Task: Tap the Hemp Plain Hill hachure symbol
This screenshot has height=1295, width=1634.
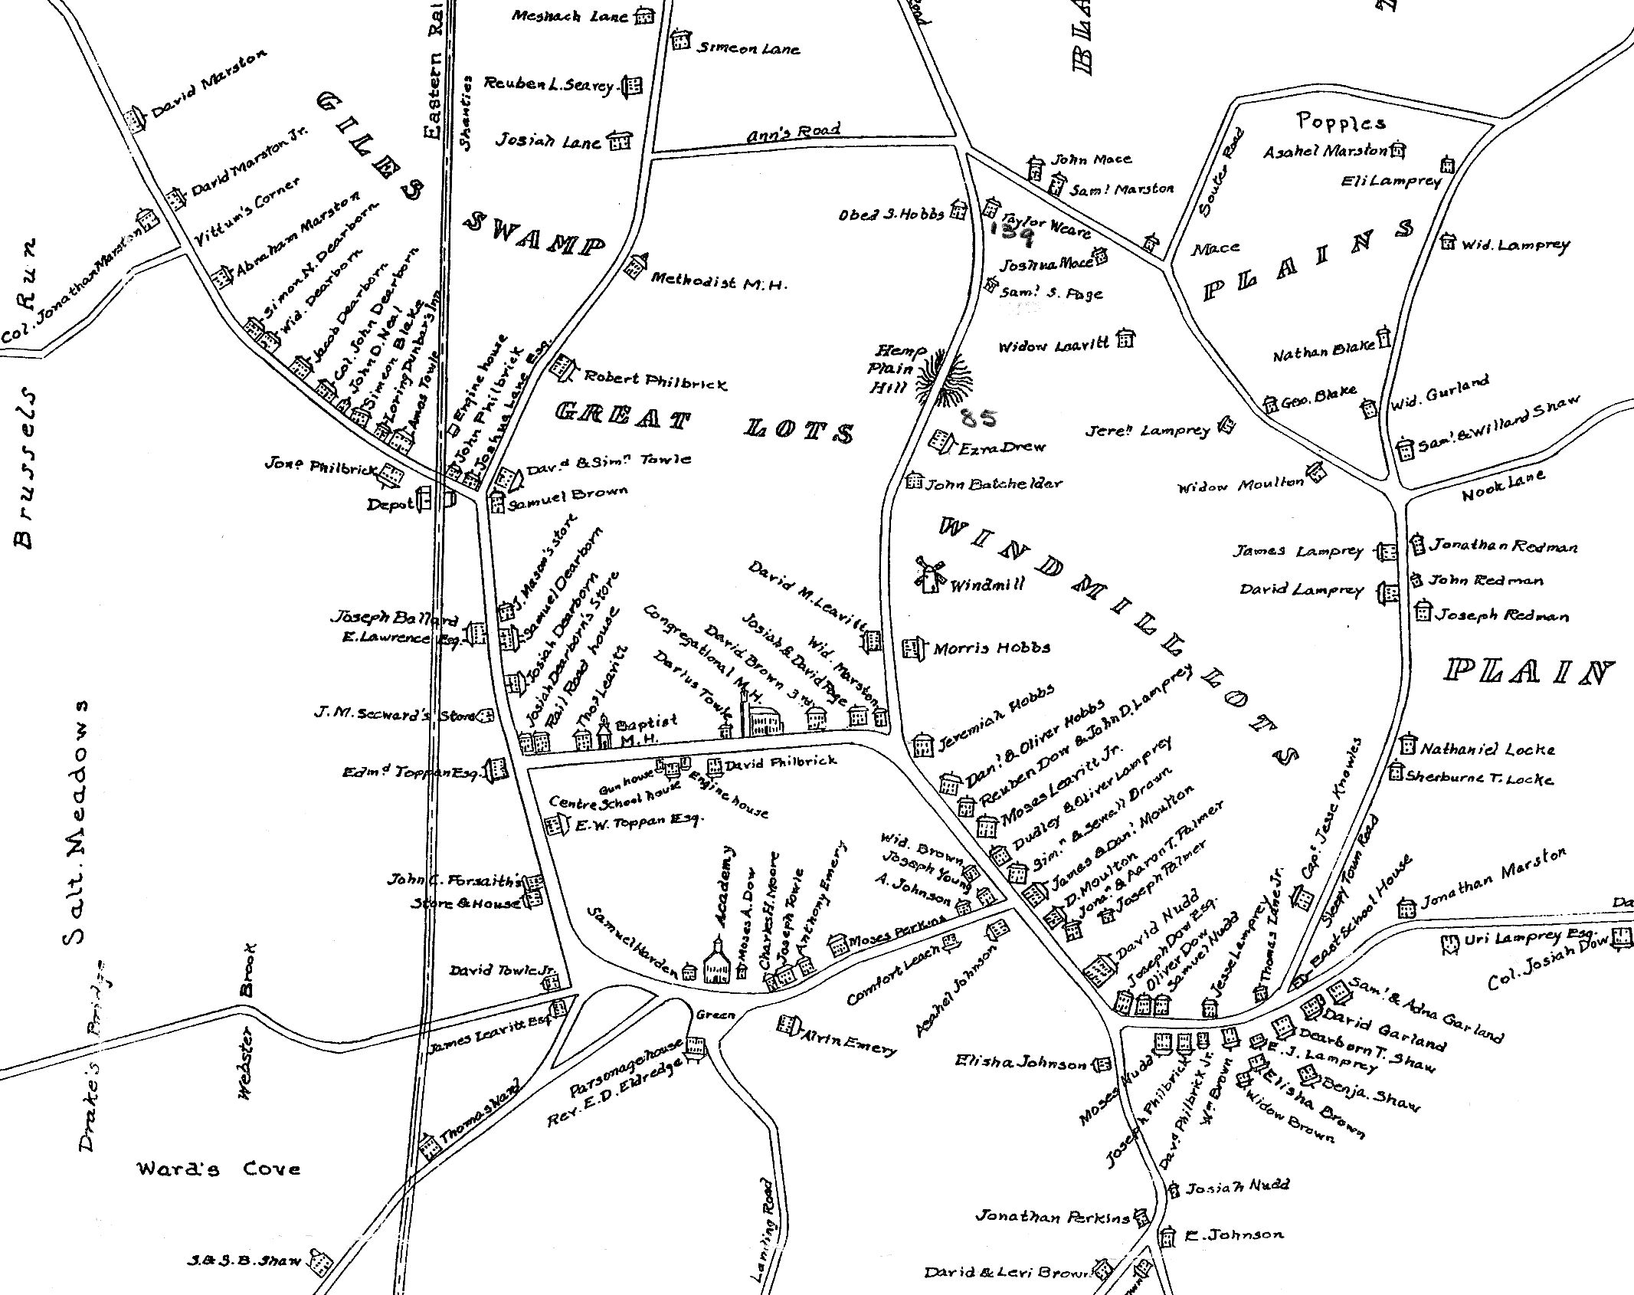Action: pyautogui.click(x=944, y=376)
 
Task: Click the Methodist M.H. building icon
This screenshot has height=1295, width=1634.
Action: pyautogui.click(x=635, y=265)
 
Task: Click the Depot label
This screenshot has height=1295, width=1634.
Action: pyautogui.click(x=390, y=504)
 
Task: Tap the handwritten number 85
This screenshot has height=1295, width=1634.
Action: pyautogui.click(x=978, y=418)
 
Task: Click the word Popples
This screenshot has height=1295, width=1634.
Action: pyautogui.click(x=1341, y=121)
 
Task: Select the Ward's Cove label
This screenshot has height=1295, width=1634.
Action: pyautogui.click(x=218, y=1169)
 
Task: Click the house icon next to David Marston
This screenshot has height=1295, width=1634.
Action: pyautogui.click(x=136, y=120)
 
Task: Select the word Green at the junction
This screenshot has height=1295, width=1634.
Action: pyautogui.click(x=715, y=1015)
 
